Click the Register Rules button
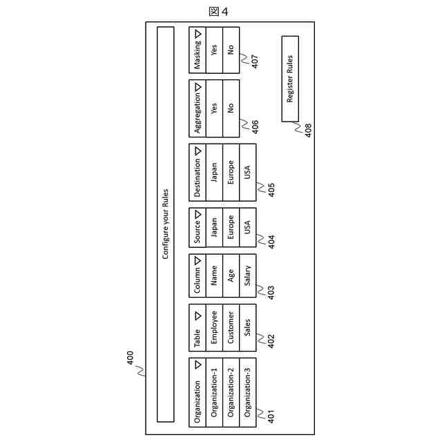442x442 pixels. point(290,79)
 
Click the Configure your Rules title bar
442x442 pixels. point(165,224)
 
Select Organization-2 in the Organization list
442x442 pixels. point(231,392)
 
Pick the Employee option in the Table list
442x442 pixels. point(215,328)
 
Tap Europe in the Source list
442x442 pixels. point(231,227)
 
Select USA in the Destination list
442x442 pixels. point(247,171)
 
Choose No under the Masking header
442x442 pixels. point(231,50)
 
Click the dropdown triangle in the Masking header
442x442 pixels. point(198,32)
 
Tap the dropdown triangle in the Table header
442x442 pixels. point(198,314)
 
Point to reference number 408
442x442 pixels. point(307,130)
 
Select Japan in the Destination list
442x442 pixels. point(215,171)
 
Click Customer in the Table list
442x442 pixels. point(231,328)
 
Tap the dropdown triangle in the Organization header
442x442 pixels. point(198,364)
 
